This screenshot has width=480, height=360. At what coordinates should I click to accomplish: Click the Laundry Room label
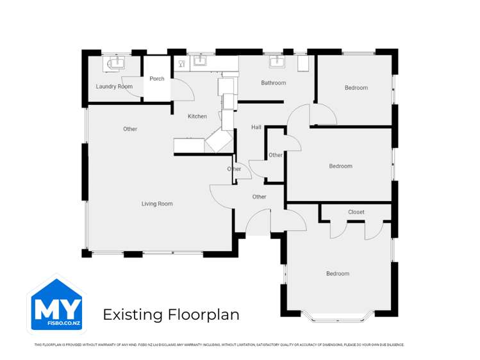114,86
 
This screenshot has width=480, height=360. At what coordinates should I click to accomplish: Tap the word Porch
157,79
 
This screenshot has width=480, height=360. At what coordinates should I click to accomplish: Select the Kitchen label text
197,117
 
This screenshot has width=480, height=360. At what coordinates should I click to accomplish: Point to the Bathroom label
273,83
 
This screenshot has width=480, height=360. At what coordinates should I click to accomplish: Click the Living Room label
157,204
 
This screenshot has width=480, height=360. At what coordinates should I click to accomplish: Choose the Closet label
356,212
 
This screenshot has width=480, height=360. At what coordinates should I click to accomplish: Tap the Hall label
256,127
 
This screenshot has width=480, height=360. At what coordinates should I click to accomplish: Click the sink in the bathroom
277,61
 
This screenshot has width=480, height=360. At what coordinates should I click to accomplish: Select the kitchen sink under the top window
200,61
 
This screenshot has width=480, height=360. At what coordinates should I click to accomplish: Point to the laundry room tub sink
117,62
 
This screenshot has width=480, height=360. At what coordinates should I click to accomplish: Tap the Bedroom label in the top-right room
356,88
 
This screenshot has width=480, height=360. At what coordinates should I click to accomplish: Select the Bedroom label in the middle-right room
340,167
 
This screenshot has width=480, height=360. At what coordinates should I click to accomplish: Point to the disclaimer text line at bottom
219,345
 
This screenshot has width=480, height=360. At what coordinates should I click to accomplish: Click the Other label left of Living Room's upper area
130,129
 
